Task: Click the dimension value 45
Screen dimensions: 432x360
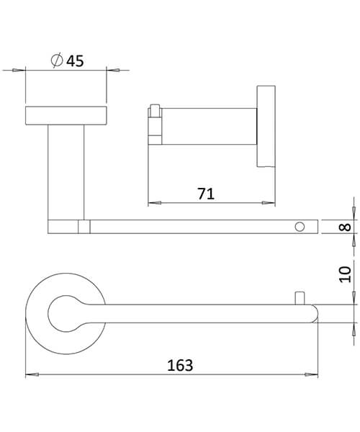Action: coord(75,61)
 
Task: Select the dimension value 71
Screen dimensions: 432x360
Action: coord(205,192)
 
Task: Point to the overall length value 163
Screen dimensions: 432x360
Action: coord(180,365)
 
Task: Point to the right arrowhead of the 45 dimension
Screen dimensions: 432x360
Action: coord(112,71)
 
